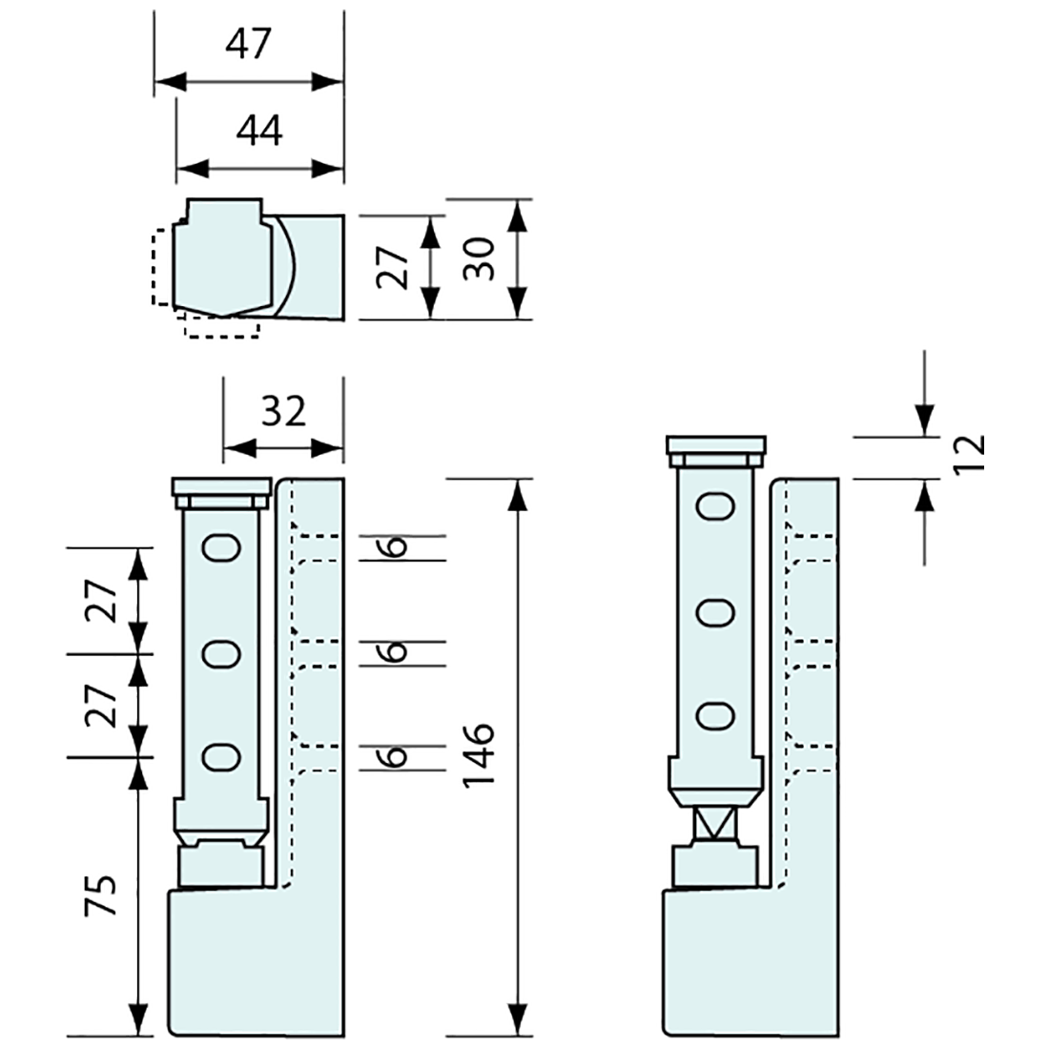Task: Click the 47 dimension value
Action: click(x=249, y=44)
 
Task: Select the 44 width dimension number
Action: click(x=259, y=130)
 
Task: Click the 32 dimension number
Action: click(x=282, y=410)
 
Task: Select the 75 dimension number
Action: click(x=103, y=895)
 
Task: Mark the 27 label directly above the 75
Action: click(x=103, y=706)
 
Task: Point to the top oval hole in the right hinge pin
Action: click(x=715, y=506)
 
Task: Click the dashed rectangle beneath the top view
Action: click(x=221, y=327)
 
